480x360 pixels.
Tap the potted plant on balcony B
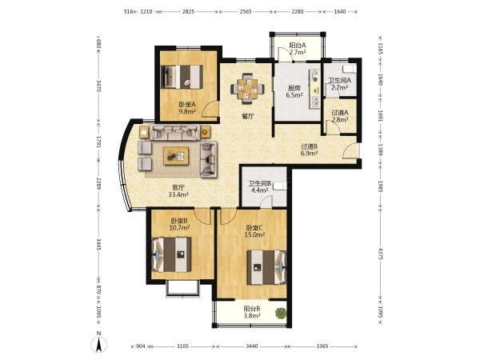pos(281,313)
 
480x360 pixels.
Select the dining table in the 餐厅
pos(248,88)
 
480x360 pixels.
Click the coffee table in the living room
pos(176,156)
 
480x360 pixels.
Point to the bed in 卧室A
pos(182,77)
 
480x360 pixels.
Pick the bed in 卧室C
pos(266,267)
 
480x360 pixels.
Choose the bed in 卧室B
pos(171,254)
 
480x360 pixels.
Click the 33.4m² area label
pos(178,194)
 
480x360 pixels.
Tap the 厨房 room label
pos(294,88)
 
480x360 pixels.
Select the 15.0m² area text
pos(254,234)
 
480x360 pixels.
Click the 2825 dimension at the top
pos(188,12)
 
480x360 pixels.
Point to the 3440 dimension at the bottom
pos(252,346)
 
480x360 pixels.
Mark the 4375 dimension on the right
pos(380,254)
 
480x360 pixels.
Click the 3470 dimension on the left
pos(98,86)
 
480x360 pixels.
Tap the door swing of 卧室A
pos(210,109)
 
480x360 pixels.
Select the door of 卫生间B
pos(266,202)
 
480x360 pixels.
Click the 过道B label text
pos(309,146)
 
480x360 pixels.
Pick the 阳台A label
pos(298,46)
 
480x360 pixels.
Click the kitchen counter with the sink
pos(314,89)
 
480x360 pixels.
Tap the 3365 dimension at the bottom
pos(322,346)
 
